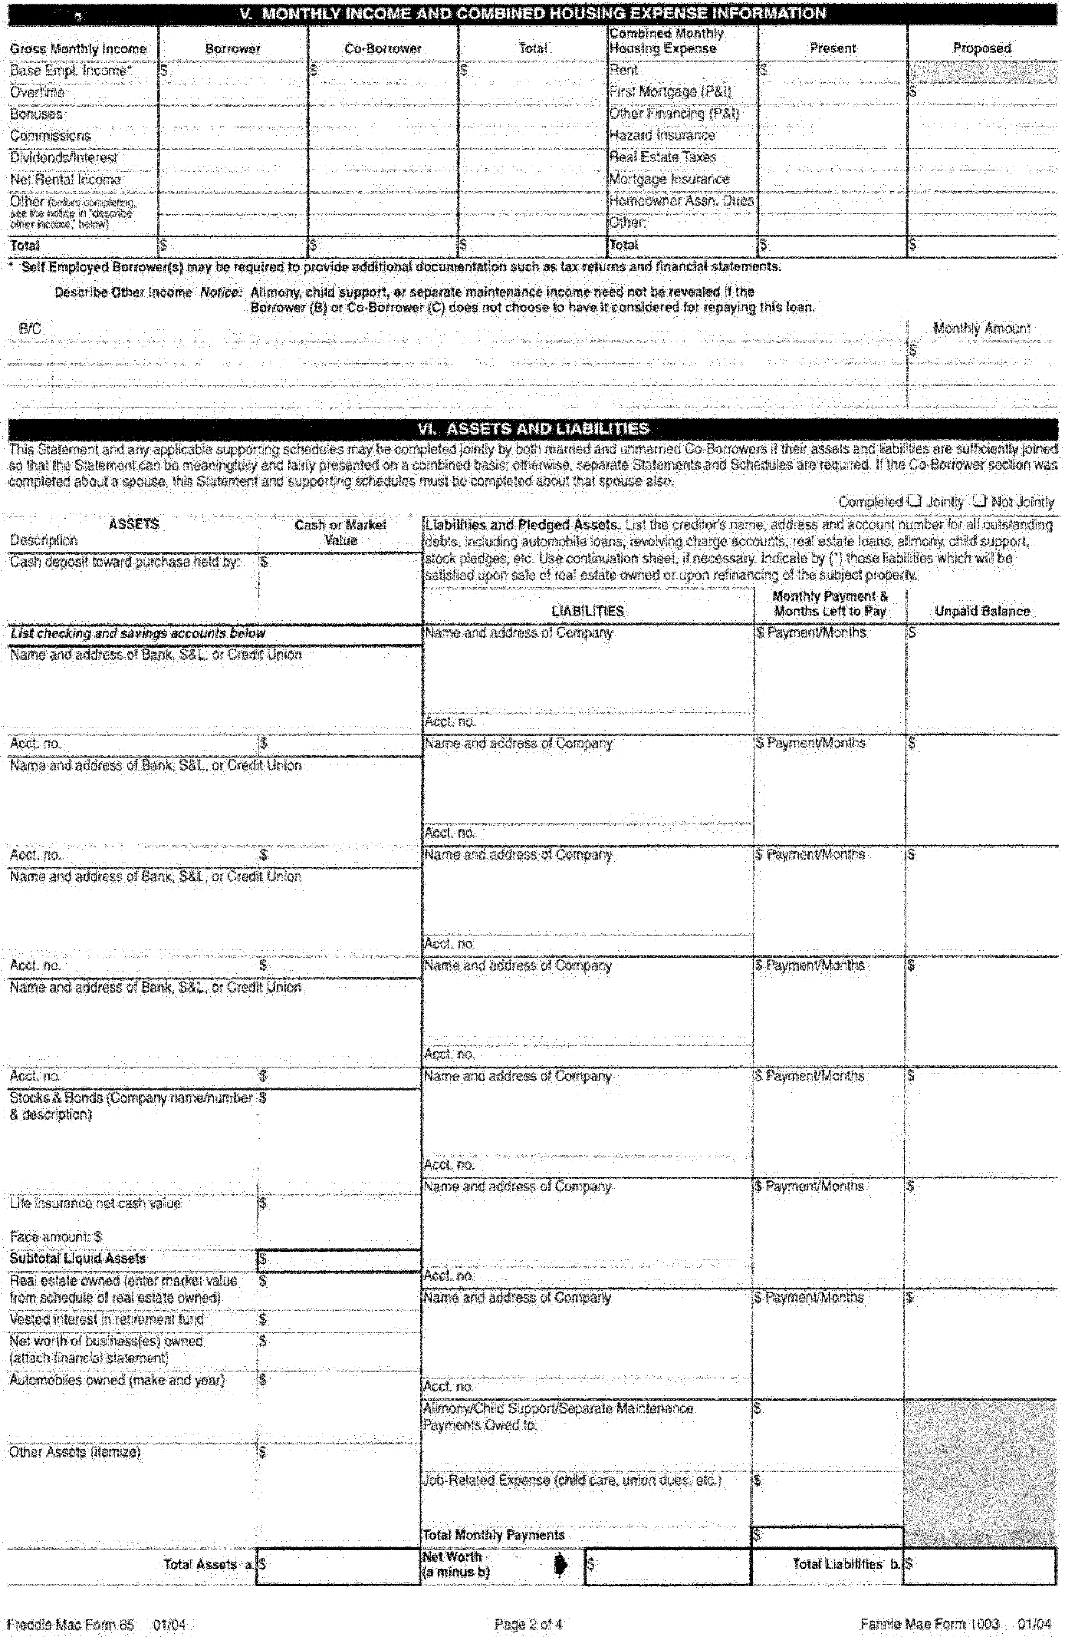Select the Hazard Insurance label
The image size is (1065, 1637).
pos(662,136)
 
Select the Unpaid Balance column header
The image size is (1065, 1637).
pos(982,611)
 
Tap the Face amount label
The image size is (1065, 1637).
pos(55,1237)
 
